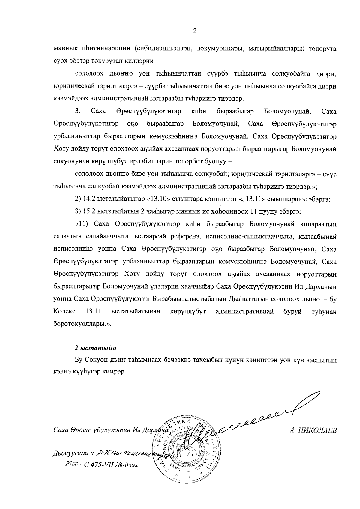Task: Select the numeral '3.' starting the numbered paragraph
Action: (77, 112)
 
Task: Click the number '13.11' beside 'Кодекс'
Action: (93, 312)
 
